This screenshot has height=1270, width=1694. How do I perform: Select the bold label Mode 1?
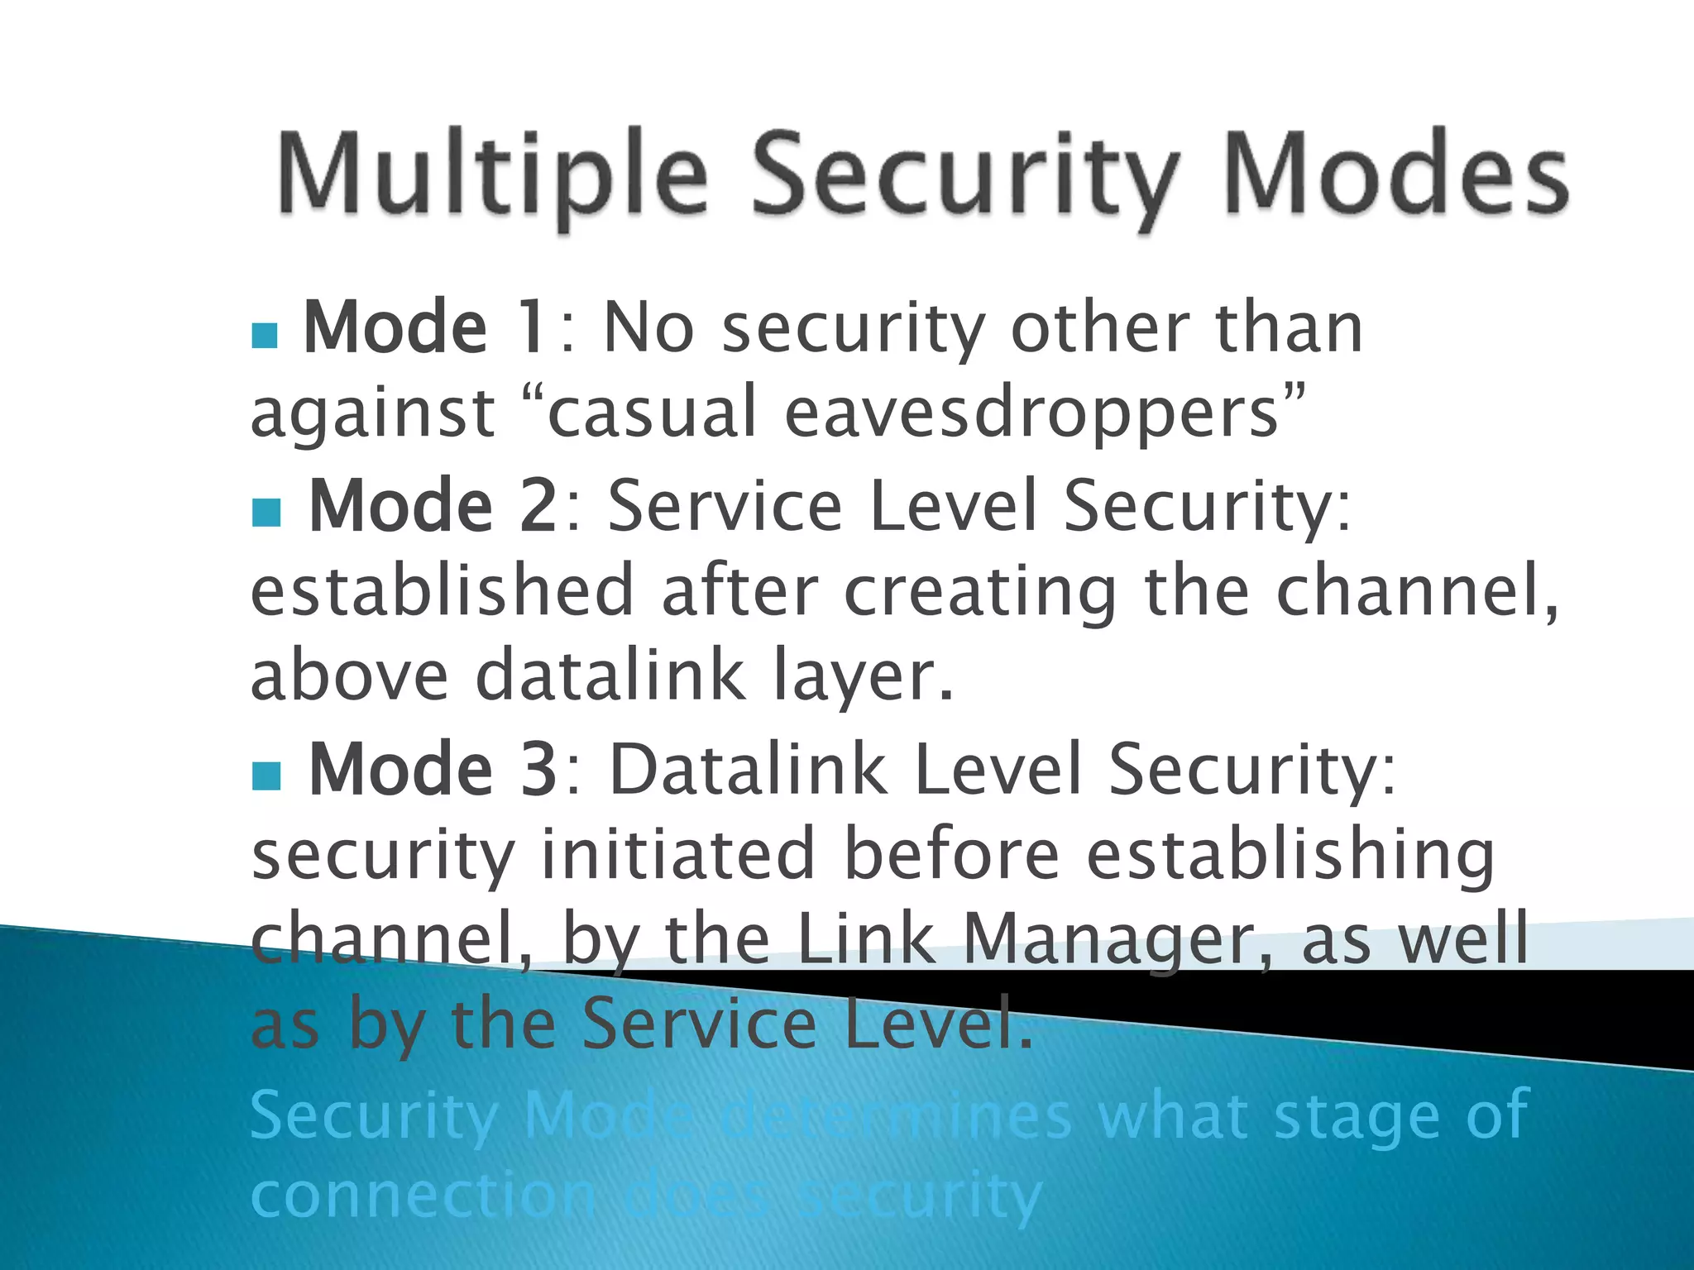423,327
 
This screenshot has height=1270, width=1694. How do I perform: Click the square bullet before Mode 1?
265,335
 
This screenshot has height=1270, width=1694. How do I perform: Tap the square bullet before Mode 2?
266,513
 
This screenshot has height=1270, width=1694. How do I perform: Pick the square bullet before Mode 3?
266,776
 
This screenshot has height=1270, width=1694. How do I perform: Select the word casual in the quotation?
652,413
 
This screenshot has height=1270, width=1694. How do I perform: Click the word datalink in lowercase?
610,675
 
